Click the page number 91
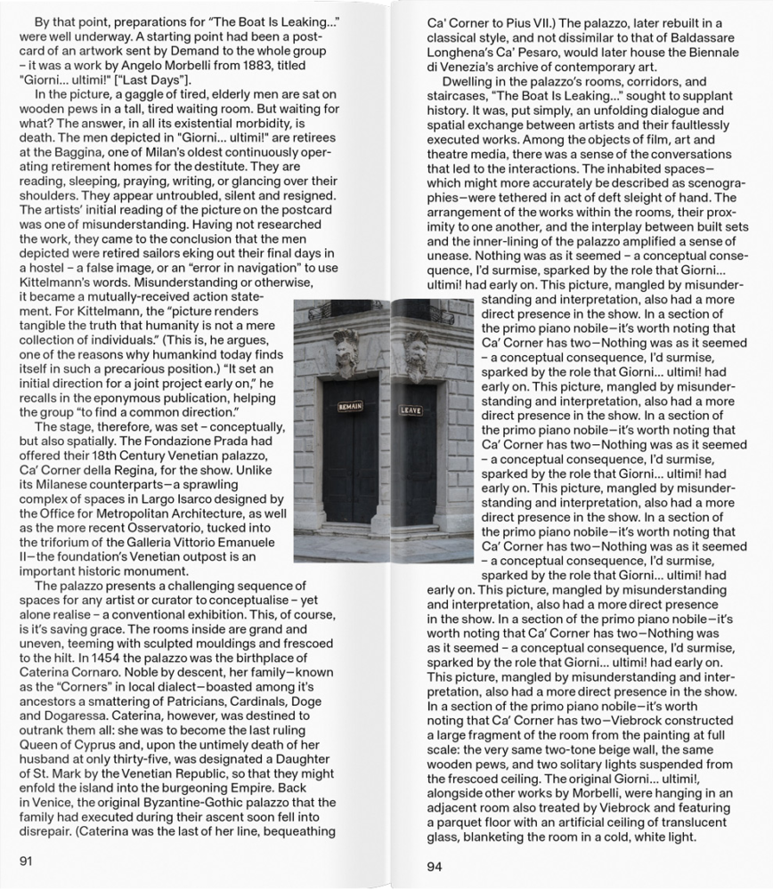click(x=28, y=860)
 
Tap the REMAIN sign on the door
click(x=351, y=406)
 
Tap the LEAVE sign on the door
click(x=411, y=410)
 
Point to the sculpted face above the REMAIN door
click(x=347, y=352)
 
